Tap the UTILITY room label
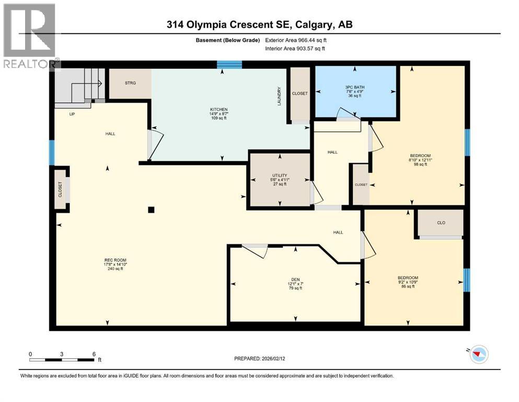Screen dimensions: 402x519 (281, 175)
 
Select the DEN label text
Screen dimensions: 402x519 (295, 280)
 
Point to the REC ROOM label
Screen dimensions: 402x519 (116, 260)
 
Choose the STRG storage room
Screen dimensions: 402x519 (130, 83)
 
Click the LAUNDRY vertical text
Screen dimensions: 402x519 (279, 96)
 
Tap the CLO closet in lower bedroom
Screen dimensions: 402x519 (441, 222)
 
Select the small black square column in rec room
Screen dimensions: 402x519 (151, 210)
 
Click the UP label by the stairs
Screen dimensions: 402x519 (72, 113)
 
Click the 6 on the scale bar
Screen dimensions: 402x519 (93, 354)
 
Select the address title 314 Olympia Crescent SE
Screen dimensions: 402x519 (259, 24)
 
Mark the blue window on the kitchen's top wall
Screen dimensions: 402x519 (229, 64)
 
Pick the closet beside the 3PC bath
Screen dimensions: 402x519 (300, 94)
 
